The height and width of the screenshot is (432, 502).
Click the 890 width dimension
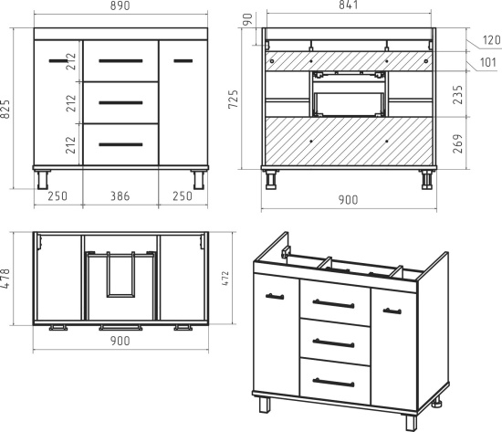pos(120,5)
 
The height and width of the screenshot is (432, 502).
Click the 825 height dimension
pos(5,110)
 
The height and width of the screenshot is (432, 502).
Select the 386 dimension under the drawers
pos(120,195)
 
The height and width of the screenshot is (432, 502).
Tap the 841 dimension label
pos(348,5)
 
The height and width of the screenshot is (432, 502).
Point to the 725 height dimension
pos(234,100)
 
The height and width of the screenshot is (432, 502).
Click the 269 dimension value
pos(458,143)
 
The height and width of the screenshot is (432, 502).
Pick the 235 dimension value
pos(458,95)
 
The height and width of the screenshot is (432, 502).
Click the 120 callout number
pos(491,40)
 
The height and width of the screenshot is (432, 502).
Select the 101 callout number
pos(488,62)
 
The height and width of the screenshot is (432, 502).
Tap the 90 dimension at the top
pos(247,19)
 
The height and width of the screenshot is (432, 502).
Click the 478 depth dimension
pos(5,279)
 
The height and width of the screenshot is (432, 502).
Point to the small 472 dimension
pos(225,279)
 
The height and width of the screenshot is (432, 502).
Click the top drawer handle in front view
pos(120,61)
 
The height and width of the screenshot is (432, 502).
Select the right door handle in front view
pos(183,61)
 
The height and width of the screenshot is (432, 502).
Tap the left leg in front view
pos(43,180)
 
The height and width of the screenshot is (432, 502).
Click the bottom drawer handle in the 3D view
pos(333,383)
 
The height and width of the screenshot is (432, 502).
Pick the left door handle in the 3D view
pos(275,297)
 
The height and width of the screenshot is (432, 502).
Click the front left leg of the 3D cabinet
pos(265,406)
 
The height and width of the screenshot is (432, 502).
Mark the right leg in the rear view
pos(427,180)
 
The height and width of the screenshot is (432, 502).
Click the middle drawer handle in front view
pos(120,103)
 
